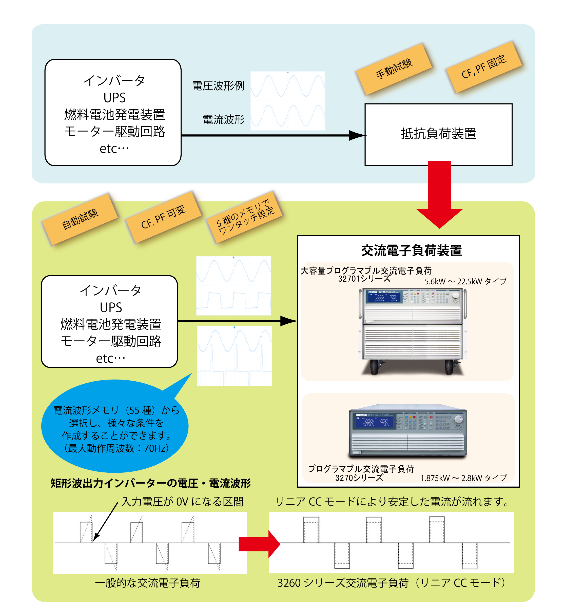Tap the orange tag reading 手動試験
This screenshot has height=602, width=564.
coord(394,69)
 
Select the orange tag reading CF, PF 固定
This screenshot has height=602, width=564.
coord(484,67)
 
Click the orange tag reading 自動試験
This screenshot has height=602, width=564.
coord(80,219)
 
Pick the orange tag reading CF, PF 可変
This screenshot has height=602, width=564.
coord(163,217)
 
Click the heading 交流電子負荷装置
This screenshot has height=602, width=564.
coord(411,251)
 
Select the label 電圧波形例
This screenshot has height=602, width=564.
coord(218,86)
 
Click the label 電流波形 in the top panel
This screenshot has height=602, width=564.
coord(224,120)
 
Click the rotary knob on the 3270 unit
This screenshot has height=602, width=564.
coord(459,419)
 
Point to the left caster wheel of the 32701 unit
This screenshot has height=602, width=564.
coord(374,367)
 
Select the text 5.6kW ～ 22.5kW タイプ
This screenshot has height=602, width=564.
coord(465,282)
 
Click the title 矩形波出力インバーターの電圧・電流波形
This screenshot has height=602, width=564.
coord(151,484)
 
